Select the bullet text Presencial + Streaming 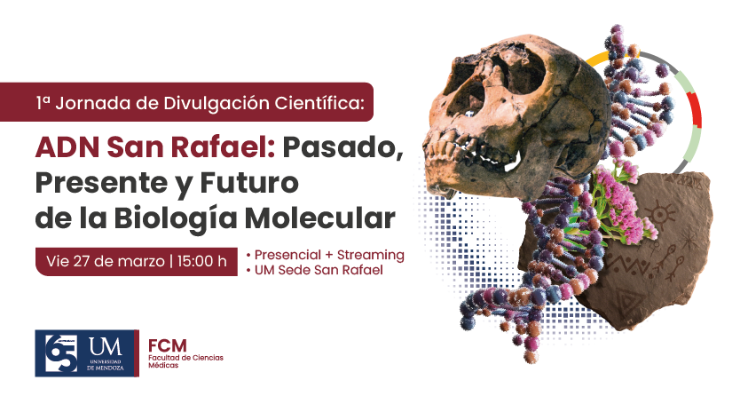pos(328,255)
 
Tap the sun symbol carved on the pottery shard pos(657,214)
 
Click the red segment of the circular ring pos(695,110)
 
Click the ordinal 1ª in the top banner pos(43,102)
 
